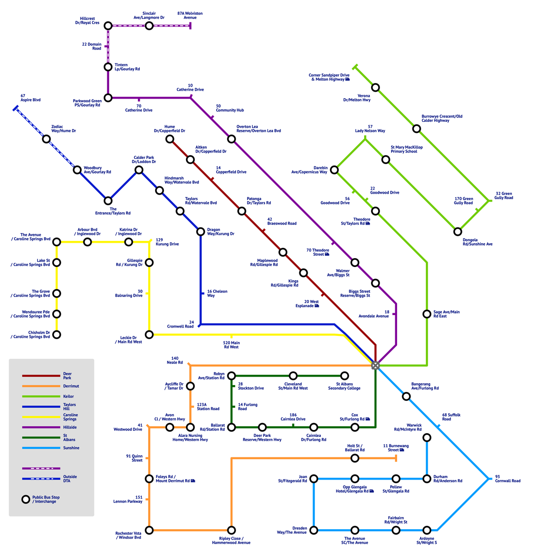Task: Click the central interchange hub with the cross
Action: click(375, 365)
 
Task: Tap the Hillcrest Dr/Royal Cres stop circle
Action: click(108, 25)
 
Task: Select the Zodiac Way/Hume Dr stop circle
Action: click(46, 139)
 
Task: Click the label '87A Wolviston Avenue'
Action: click(190, 15)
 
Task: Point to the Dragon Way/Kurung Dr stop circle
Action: click(200, 231)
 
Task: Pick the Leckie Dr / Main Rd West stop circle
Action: click(149, 334)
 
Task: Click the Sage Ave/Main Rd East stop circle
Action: click(427, 314)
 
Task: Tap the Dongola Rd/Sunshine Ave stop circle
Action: click(457, 231)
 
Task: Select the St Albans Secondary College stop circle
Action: click(344, 375)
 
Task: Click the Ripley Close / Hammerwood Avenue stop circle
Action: click(231, 530)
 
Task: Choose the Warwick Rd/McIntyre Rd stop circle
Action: click(427, 437)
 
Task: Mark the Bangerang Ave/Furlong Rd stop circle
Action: click(406, 396)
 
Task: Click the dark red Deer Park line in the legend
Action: click(41, 376)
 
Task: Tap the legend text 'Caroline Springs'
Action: click(70, 417)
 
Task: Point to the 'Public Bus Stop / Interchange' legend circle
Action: click(25, 499)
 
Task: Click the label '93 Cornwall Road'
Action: click(508, 479)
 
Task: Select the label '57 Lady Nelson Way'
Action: click(370, 128)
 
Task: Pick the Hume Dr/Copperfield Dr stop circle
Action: click(170, 139)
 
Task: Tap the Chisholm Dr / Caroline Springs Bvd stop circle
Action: click(57, 334)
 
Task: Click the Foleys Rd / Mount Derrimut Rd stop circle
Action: click(149, 479)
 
